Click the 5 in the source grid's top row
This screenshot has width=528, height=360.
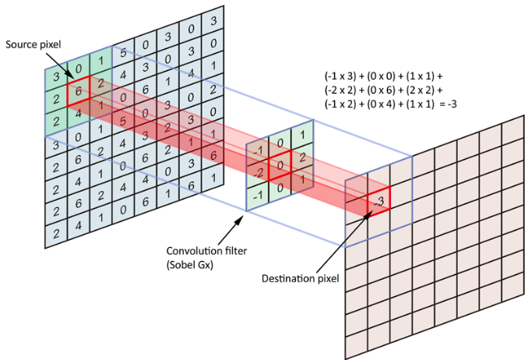123,53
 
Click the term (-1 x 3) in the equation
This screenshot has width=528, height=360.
340,77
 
